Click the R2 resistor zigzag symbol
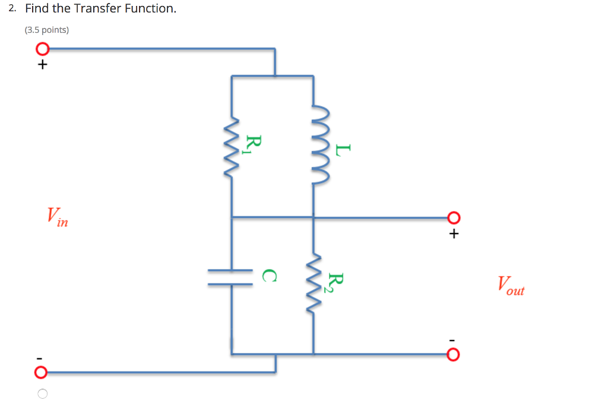coord(314,285)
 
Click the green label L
coord(339,149)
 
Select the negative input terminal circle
coord(40,373)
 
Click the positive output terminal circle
coord(453,218)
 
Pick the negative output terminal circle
coord(453,355)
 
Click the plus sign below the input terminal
coord(42,65)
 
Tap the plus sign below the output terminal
coord(454,234)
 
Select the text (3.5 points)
coord(47,30)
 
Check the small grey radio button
coord(42,393)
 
